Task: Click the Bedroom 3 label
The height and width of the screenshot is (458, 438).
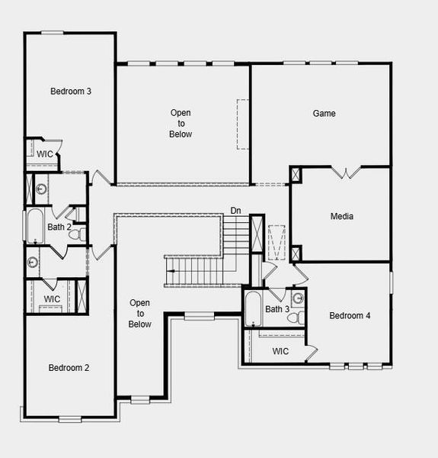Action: [x=71, y=92]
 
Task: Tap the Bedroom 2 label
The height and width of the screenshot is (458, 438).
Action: [x=69, y=368]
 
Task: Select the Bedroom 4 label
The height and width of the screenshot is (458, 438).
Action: [x=350, y=316]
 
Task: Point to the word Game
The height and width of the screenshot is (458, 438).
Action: [x=325, y=114]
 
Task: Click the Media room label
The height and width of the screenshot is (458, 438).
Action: [x=342, y=217]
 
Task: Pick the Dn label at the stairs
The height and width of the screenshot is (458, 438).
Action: [x=236, y=211]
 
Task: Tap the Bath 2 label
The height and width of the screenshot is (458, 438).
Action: [x=59, y=227]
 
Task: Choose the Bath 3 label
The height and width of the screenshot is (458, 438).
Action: [x=277, y=309]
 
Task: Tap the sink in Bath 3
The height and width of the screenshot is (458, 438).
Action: [x=298, y=298]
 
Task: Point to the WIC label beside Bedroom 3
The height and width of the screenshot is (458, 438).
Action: [x=45, y=154]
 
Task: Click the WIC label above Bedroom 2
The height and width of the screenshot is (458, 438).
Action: [x=52, y=298]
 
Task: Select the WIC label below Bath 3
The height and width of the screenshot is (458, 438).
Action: [x=280, y=352]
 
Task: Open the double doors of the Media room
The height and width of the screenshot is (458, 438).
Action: [x=347, y=173]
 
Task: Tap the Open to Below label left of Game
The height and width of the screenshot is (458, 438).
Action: [x=181, y=124]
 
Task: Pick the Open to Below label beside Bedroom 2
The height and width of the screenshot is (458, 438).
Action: [x=140, y=314]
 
